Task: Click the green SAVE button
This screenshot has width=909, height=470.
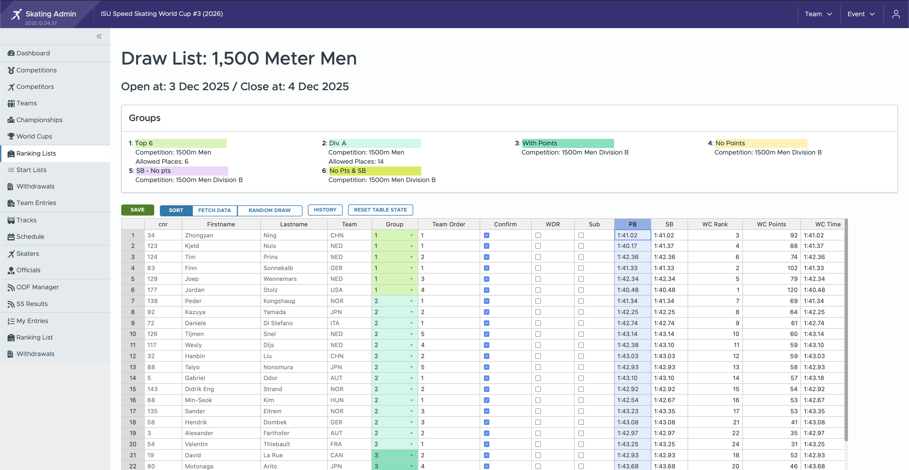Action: click(x=137, y=210)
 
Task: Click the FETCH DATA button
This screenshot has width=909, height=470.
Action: click(x=214, y=210)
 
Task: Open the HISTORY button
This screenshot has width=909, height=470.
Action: click(x=325, y=210)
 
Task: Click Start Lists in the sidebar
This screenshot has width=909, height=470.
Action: click(x=31, y=170)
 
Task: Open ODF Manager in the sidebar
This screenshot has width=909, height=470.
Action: click(x=38, y=287)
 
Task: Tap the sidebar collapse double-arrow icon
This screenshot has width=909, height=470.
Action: click(x=99, y=36)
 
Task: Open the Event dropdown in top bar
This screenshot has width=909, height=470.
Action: click(x=861, y=14)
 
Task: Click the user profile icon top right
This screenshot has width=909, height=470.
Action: click(x=895, y=14)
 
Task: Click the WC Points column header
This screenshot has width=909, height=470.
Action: click(x=771, y=224)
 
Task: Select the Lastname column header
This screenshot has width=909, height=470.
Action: click(x=293, y=224)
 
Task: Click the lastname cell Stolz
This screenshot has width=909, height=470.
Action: click(x=270, y=290)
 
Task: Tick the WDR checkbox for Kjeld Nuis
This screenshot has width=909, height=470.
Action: click(x=538, y=246)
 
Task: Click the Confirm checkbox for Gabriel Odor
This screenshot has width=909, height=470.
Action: click(x=487, y=378)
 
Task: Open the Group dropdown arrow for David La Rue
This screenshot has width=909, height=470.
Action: click(x=411, y=455)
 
